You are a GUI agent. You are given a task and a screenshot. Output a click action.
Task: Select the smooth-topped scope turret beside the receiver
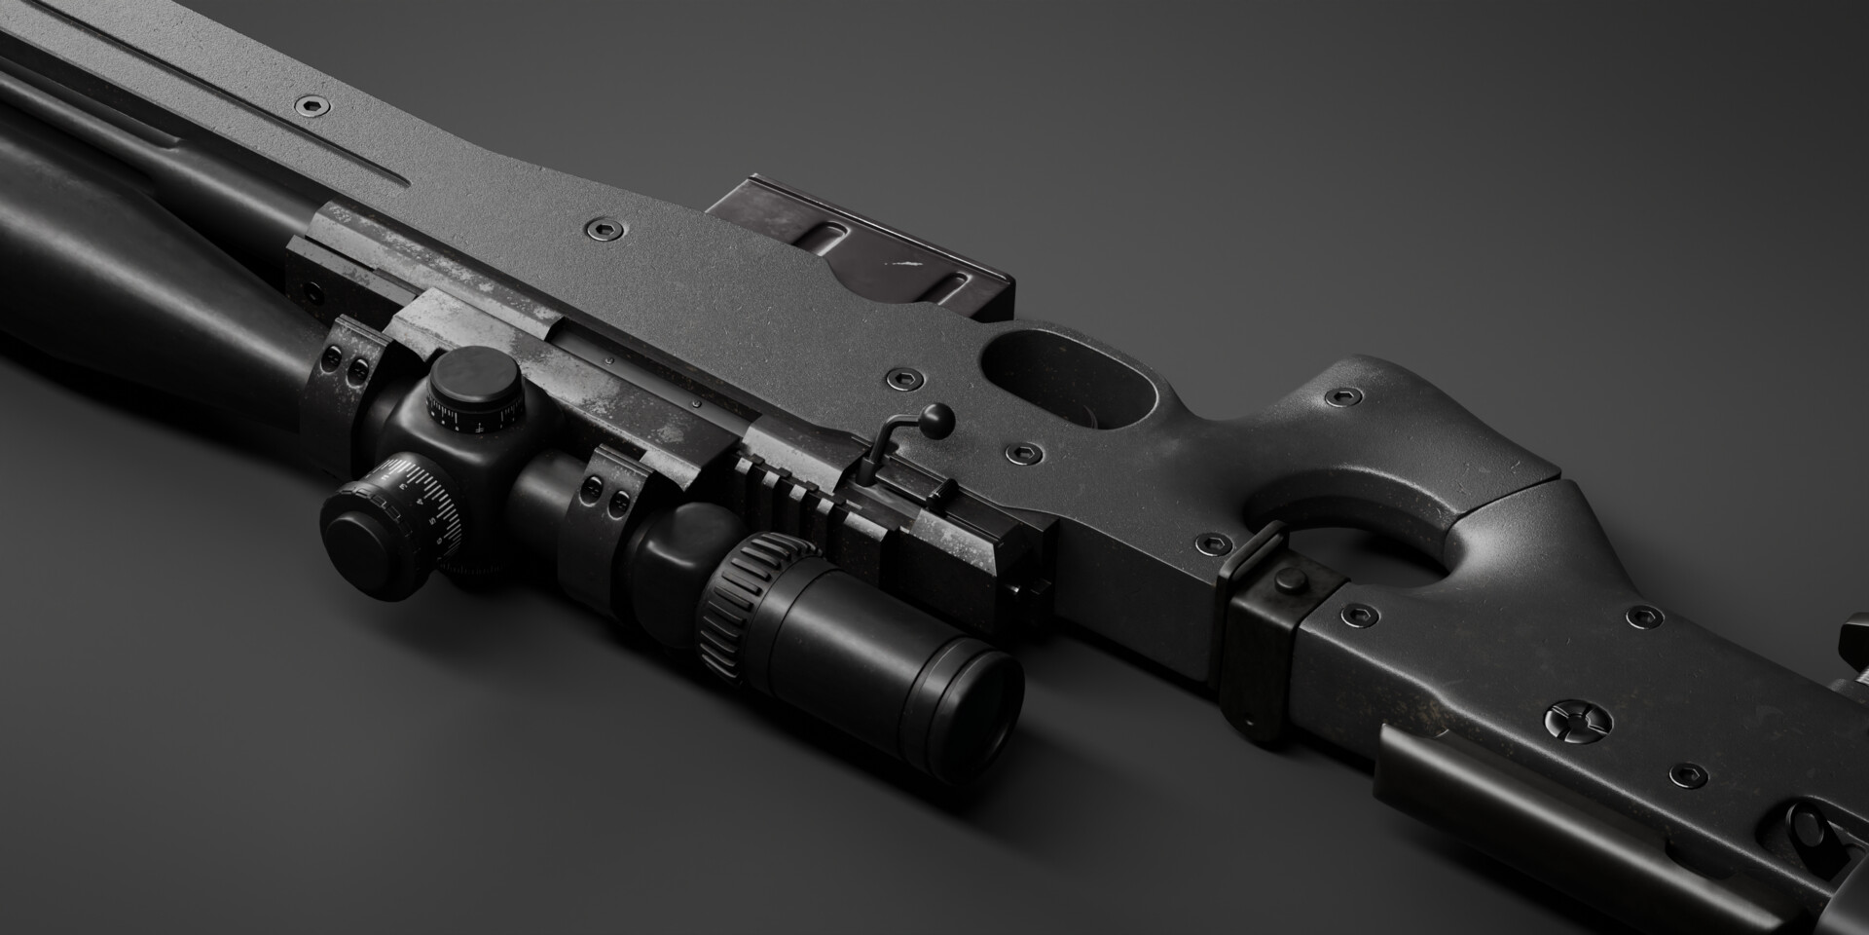pyautogui.click(x=474, y=389)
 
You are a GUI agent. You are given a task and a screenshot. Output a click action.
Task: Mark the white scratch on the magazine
pyautogui.click(x=905, y=263)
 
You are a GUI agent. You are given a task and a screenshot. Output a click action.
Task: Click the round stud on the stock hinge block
pyautogui.click(x=1290, y=582)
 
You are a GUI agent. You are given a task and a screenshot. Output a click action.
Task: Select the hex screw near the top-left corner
pyautogui.click(x=312, y=104)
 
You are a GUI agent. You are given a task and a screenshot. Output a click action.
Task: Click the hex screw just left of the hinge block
pyautogui.click(x=1213, y=542)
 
